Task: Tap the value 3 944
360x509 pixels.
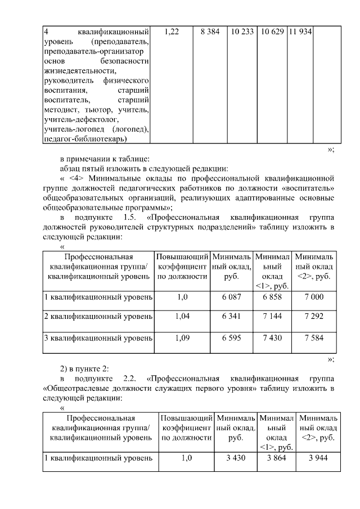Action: click(x=318, y=458)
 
